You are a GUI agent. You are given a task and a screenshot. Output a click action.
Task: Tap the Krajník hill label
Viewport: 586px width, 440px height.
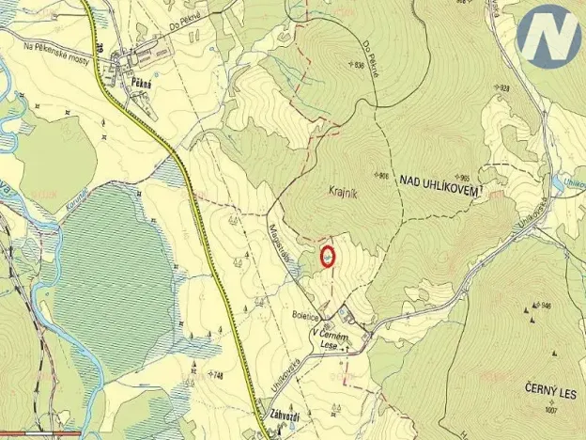pyautogui.click(x=346, y=188)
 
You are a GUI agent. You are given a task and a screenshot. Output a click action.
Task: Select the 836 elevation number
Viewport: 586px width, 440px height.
pyautogui.click(x=358, y=65)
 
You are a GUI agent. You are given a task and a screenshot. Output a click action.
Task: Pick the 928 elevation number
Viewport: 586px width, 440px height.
pyautogui.click(x=505, y=88)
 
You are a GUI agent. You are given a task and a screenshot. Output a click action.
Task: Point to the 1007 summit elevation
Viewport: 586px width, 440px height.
pyautogui.click(x=550, y=411)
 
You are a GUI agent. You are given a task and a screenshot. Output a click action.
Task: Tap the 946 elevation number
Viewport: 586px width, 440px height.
pyautogui.click(x=546, y=306)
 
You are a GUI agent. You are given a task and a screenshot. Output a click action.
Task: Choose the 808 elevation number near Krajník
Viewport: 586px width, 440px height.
pyautogui.click(x=382, y=176)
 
